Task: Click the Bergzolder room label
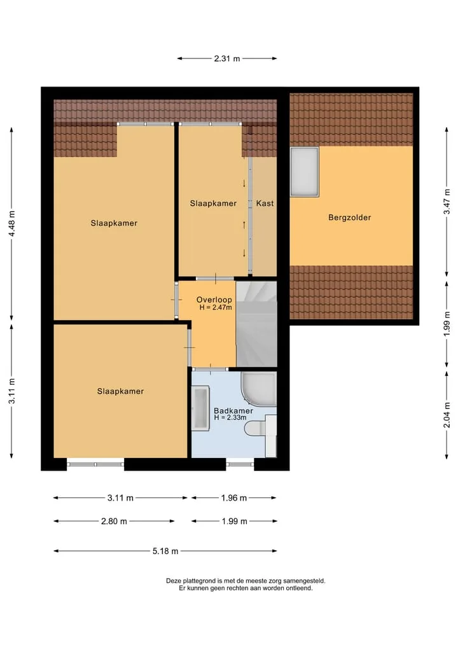349,218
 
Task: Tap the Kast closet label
265,203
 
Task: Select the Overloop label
214,300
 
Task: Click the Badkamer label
233,410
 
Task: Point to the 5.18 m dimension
165,551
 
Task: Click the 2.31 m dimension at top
227,59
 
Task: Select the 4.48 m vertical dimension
12,224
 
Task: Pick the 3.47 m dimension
447,202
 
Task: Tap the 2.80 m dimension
114,521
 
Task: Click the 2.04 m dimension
447,415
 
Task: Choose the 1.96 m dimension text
234,498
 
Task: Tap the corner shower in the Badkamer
259,389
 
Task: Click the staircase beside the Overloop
256,324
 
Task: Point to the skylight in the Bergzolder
305,172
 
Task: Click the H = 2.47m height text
216,307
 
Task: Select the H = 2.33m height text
230,417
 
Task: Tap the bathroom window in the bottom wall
240,464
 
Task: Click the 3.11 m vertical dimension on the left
12,391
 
